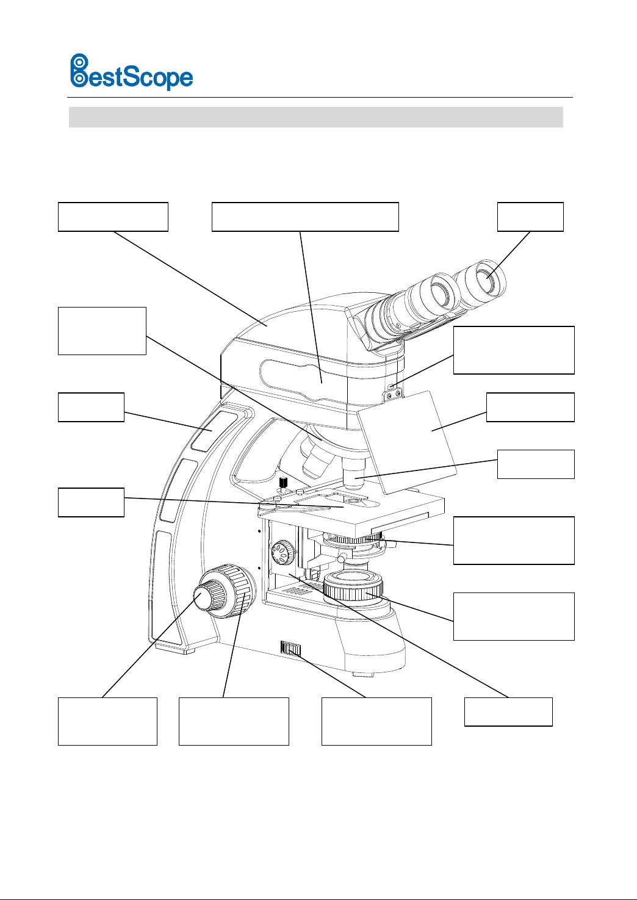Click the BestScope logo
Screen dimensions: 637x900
(x=131, y=72)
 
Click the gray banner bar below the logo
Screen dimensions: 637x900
(x=316, y=117)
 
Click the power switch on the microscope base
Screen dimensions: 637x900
(x=291, y=649)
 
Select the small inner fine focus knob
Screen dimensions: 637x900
(x=203, y=597)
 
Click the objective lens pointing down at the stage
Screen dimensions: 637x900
(x=353, y=474)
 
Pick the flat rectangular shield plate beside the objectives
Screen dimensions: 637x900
(x=406, y=442)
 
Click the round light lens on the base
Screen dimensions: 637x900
(x=353, y=585)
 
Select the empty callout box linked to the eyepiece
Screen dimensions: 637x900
(x=530, y=217)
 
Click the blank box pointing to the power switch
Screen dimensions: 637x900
(x=376, y=721)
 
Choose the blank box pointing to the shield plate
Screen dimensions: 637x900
(x=530, y=407)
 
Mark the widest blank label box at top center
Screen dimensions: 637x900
(x=305, y=217)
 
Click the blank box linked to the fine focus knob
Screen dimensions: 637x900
(x=107, y=721)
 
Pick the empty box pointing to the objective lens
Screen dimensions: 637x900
(x=536, y=464)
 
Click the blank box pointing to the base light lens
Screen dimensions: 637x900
(x=514, y=616)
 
